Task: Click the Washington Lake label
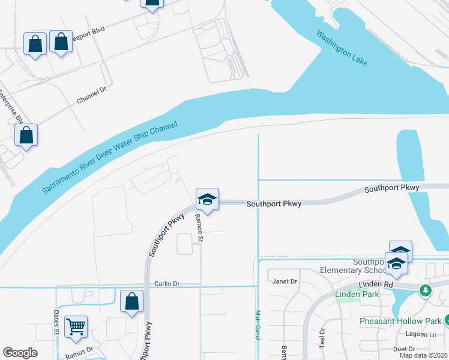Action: pos(343,48)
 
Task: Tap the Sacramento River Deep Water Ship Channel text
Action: pos(110,158)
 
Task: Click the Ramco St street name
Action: pos(199,229)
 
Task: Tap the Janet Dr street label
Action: pos(285,281)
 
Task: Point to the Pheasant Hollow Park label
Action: pos(400,321)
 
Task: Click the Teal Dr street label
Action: pos(322,338)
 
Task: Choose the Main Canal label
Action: pos(258,325)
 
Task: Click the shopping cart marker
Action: pos(76,327)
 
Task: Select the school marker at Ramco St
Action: pos(207,200)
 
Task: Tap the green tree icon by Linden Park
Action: pos(426,290)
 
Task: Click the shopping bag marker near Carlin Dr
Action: pos(131,301)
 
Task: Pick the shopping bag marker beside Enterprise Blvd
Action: pos(26,135)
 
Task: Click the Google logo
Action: pos(20,353)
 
